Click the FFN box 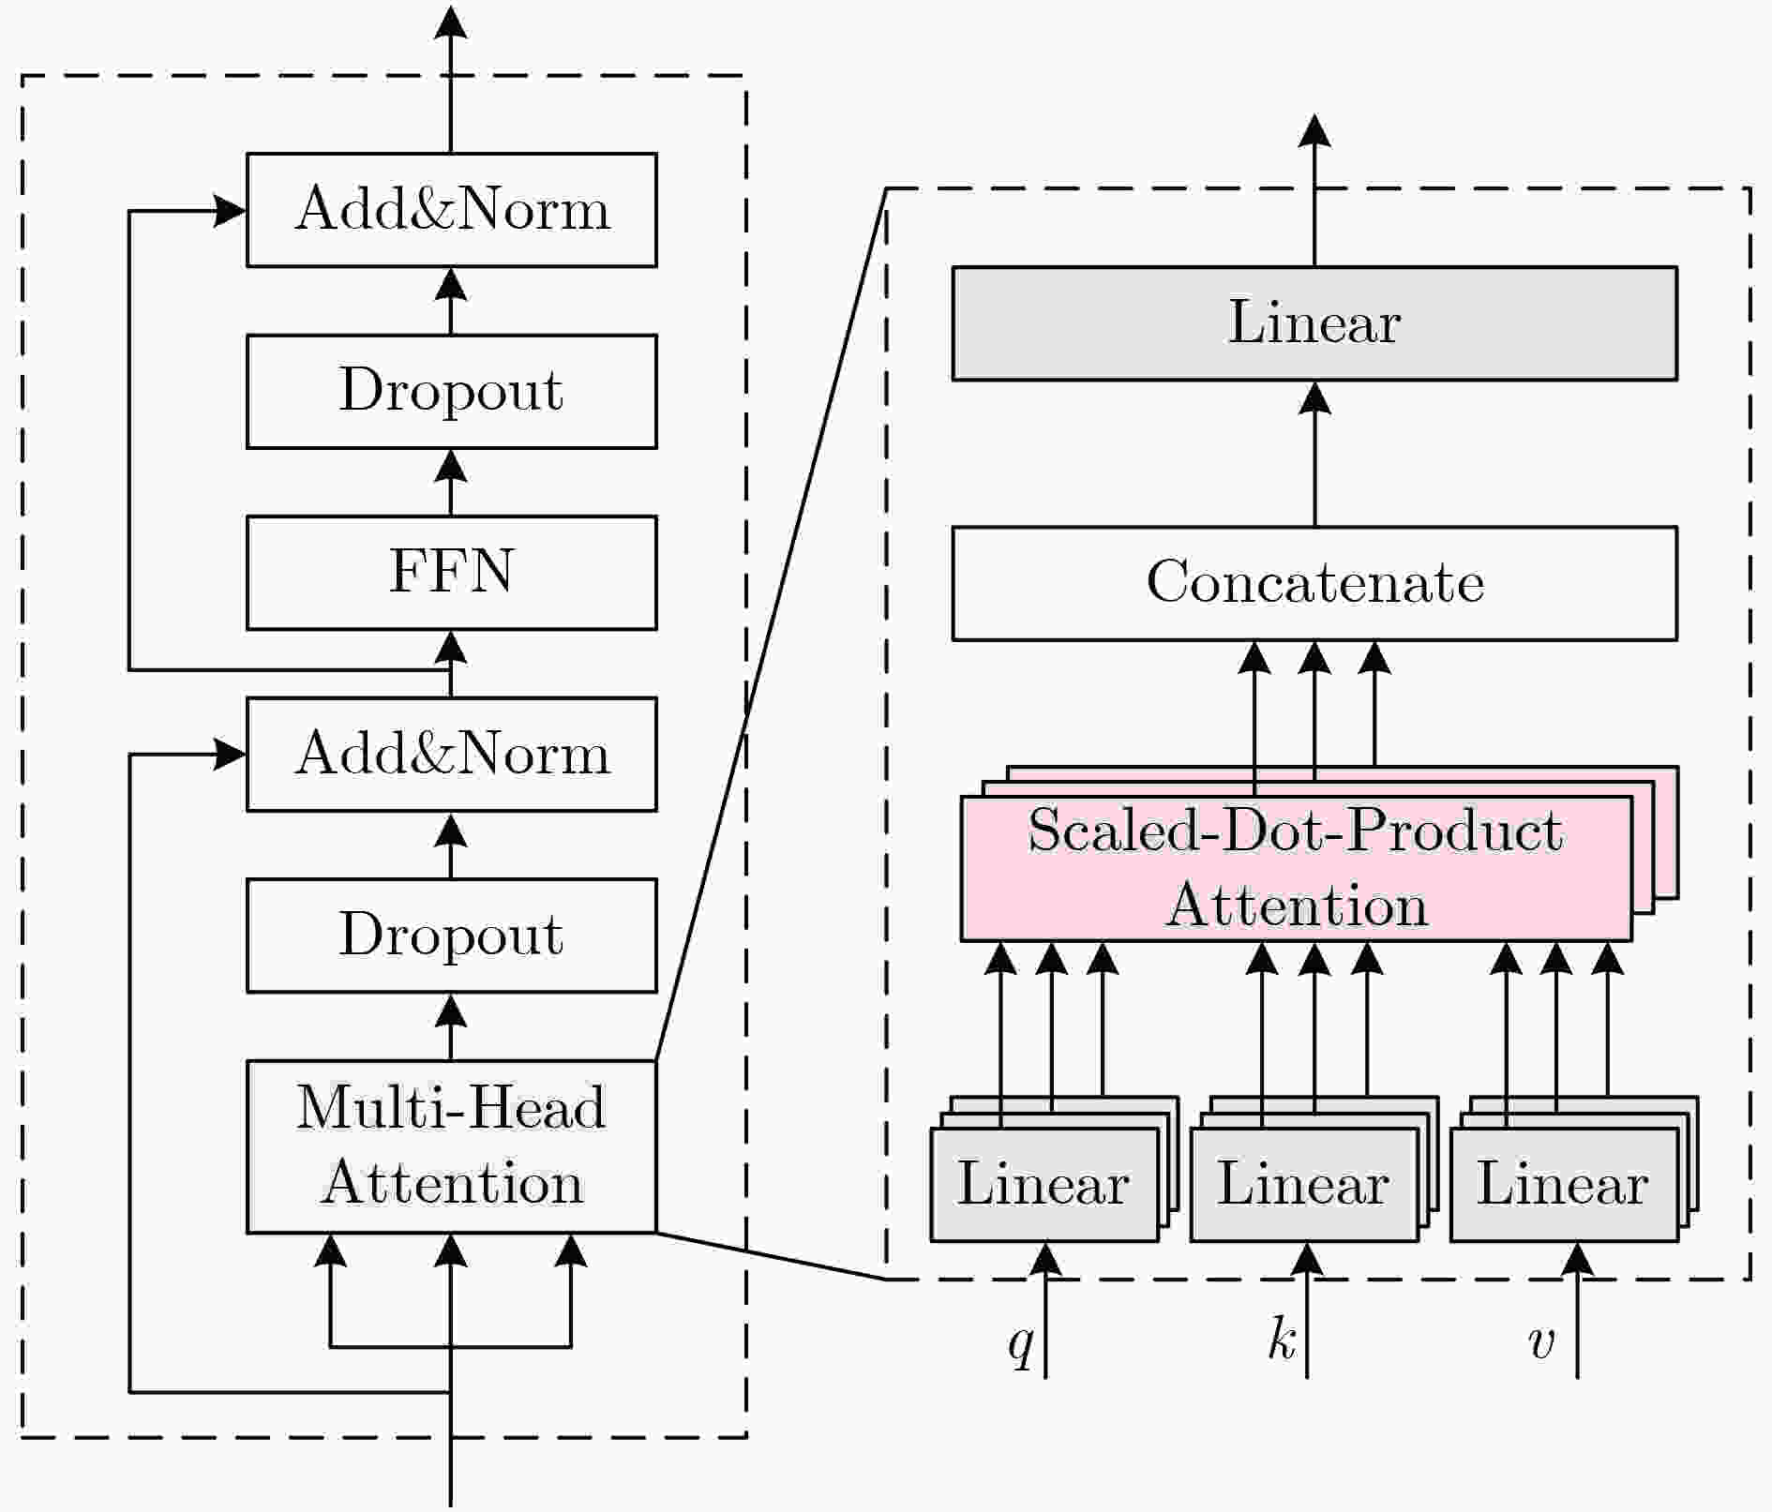451,573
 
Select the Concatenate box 1314,583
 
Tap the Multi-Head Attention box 451,1145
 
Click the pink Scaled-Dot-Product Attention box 1296,868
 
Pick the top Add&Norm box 451,210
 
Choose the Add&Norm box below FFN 451,754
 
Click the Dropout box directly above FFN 451,391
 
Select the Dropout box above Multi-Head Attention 451,935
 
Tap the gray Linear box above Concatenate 1314,323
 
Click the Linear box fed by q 1044,1185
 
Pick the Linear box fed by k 1303,1185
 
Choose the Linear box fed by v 1563,1185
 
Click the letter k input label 1281,1339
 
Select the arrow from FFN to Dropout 451,483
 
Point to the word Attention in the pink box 1296,906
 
